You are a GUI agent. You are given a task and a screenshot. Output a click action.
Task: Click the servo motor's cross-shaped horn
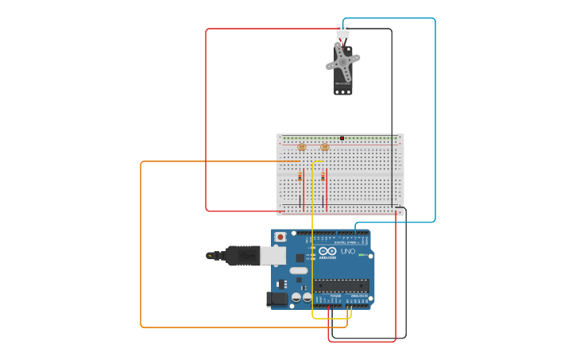(342, 60)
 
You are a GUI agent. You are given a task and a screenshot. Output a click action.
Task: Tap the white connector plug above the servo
(342, 31)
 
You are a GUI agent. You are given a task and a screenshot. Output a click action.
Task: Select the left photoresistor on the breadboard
(301, 147)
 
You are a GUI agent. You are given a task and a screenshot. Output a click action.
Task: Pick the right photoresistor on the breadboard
(324, 147)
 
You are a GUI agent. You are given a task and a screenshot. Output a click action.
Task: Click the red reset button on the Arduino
(280, 237)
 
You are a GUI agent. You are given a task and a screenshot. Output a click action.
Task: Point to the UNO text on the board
(348, 252)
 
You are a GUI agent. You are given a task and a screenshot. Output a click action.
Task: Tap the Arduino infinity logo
(326, 253)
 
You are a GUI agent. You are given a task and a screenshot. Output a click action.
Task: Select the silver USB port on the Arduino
(273, 255)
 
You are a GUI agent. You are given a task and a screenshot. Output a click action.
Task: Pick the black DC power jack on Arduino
(276, 299)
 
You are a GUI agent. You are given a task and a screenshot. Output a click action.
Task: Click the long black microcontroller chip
(341, 285)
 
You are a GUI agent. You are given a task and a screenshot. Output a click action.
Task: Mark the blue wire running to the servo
(435, 119)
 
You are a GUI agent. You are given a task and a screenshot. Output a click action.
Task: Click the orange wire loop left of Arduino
(141, 238)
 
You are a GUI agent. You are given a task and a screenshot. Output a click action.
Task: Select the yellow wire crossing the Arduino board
(312, 238)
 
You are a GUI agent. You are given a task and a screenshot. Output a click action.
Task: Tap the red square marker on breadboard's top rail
(342, 138)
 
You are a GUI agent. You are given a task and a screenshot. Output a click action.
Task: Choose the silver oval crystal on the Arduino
(298, 270)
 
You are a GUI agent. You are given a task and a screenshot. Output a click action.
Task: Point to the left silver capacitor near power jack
(296, 297)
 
